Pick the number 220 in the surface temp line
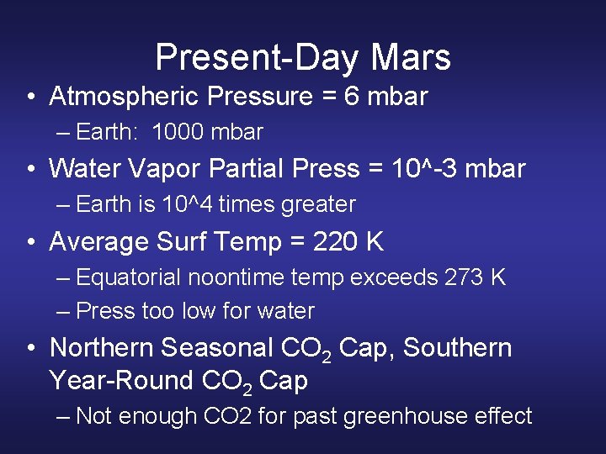pos(334,242)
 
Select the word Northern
pos(102,347)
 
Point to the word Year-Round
pos(122,381)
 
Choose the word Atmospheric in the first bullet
pos(125,97)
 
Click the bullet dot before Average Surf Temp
pos(30,243)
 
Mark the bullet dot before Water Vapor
pos(30,170)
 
